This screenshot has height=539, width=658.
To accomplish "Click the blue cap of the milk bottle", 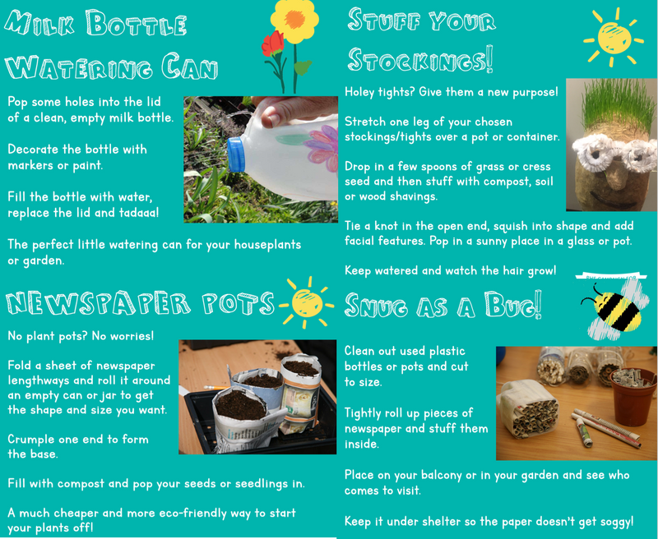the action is point(236,154).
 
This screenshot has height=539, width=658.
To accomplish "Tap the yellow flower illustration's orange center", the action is point(294,19).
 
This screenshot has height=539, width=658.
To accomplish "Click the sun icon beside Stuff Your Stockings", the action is point(613,38).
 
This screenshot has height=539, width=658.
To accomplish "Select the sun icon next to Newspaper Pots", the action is point(306,302).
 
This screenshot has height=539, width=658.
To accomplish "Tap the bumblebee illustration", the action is point(614,308).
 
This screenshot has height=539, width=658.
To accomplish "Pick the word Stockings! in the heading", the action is point(420,59).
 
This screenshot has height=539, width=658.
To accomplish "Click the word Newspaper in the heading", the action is point(98,303).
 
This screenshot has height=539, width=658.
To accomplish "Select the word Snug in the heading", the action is point(376,306).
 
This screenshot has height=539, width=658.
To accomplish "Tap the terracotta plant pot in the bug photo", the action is point(633,396).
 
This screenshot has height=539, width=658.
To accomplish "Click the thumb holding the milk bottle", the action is point(275,117).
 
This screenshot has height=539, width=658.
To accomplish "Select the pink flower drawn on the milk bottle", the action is point(322,149).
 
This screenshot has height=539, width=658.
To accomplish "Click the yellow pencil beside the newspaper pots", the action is point(215,388).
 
